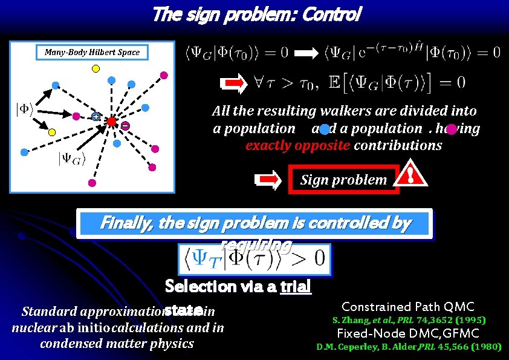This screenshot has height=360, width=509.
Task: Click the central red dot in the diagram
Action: pos(112,122)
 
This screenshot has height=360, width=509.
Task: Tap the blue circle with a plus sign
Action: pos(96,117)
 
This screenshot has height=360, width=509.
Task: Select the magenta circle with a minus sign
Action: pos(125,125)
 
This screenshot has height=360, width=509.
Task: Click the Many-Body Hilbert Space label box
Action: pos(92,52)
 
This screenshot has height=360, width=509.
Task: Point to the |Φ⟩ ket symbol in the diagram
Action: pos(24,110)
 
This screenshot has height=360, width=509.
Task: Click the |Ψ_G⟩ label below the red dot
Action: pos(72,159)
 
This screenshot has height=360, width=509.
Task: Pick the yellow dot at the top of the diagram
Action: pos(95,68)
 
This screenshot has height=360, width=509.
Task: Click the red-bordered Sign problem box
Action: pos(343,179)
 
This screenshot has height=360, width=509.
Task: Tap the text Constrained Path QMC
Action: pos(407,307)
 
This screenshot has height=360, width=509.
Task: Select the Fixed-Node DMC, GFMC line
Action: pos(407,333)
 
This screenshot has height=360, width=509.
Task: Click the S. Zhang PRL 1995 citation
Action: pos(409,319)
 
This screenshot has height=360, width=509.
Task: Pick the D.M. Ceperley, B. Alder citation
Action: pos(409,347)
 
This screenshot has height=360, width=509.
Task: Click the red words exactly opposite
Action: pos(283,146)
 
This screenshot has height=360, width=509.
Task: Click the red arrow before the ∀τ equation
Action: pos(232,82)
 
